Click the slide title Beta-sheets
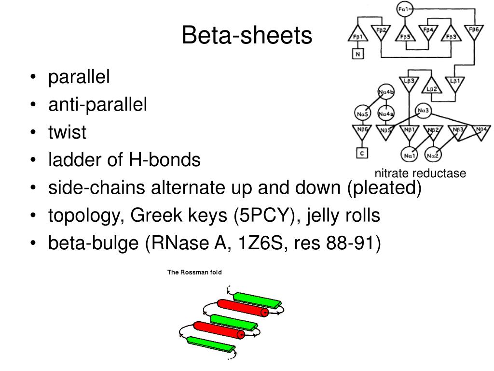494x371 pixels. pyautogui.click(x=247, y=36)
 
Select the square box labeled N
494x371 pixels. pyautogui.click(x=357, y=54)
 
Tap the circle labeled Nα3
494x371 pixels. pyautogui.click(x=423, y=111)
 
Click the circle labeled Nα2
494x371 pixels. pyautogui.click(x=432, y=155)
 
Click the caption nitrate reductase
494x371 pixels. pyautogui.click(x=421, y=173)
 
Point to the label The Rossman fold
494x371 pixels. pyautogui.click(x=194, y=272)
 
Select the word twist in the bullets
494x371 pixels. pyautogui.click(x=67, y=132)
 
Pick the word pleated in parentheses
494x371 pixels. pyautogui.click(x=384, y=187)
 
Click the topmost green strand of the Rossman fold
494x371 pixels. pyautogui.click(x=256, y=299)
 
